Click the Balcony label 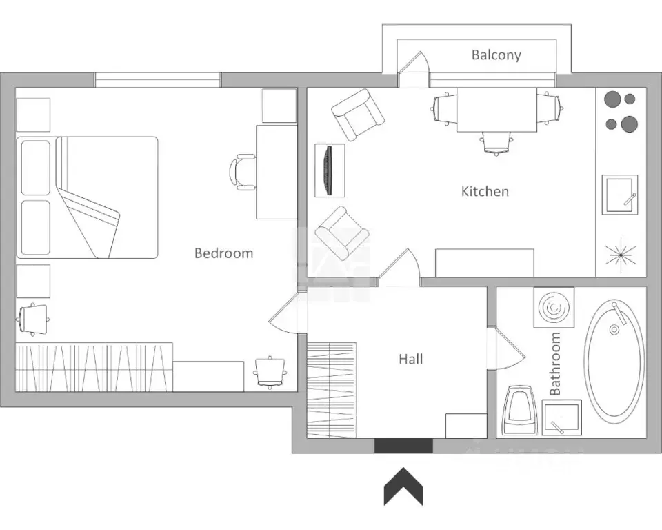coord(496,55)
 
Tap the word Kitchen coord(485,191)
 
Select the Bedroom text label coord(223,253)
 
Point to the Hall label coord(411,360)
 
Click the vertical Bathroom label coord(554,364)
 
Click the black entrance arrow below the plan coord(403,487)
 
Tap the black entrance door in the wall coord(403,446)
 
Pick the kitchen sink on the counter coord(620,195)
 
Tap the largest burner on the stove coord(630,124)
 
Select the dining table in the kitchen coord(497,110)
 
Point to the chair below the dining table coord(496,142)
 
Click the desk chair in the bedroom coord(242,172)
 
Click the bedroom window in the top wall coord(157,80)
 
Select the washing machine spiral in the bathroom coord(554,307)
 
